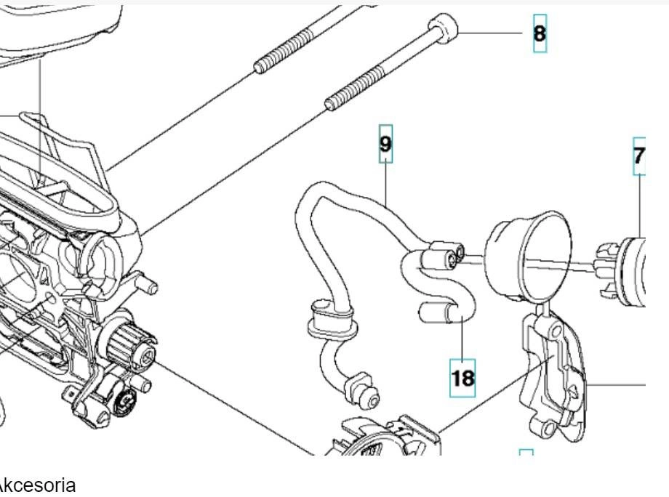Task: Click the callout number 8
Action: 540,33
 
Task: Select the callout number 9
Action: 385,145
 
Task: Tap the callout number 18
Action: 462,377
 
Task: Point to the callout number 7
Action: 639,156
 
